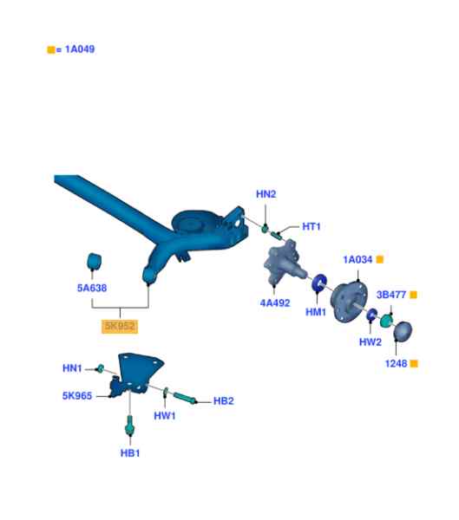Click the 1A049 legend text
(x=80, y=49)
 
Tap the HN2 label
(x=266, y=194)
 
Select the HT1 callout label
(x=311, y=226)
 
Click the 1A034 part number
(x=357, y=259)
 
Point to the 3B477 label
(x=391, y=295)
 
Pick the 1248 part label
(x=396, y=363)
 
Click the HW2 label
(x=370, y=342)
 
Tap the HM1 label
(x=316, y=312)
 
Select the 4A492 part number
(x=275, y=302)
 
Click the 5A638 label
(x=92, y=288)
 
